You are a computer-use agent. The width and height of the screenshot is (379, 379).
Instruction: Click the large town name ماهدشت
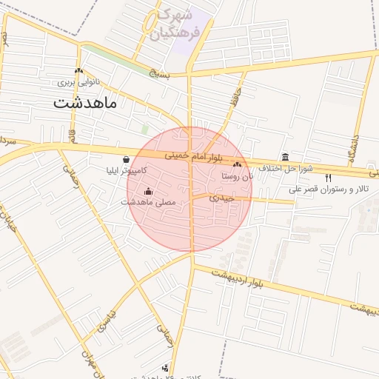pyautogui.click(x=85, y=103)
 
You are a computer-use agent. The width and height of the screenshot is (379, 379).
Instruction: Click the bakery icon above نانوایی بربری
pyautogui.click(x=78, y=71)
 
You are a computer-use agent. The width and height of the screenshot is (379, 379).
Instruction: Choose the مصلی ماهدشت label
pyautogui.click(x=148, y=201)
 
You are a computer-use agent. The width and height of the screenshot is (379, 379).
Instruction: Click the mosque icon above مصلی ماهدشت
pyautogui.click(x=148, y=191)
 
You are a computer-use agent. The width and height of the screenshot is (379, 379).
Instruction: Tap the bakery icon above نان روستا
pyautogui.click(x=237, y=165)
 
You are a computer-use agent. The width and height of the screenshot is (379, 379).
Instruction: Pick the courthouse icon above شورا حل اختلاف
pyautogui.click(x=286, y=156)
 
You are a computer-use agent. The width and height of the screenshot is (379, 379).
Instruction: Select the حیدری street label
pyautogui.click(x=221, y=198)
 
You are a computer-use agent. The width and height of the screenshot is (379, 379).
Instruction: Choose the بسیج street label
pyautogui.click(x=159, y=74)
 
